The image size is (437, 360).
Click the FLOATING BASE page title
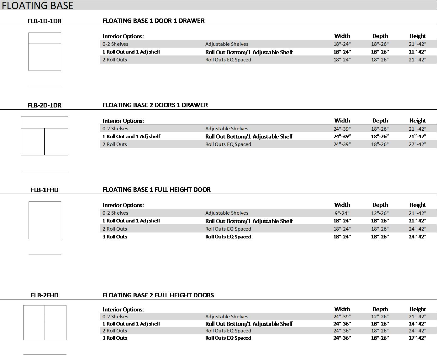click(37, 5)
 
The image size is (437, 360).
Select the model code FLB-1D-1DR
click(45, 21)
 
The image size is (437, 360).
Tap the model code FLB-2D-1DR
click(45, 105)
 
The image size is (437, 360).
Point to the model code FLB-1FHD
click(45, 190)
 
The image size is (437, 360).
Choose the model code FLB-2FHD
click(45, 295)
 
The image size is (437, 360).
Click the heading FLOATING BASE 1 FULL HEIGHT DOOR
click(156, 190)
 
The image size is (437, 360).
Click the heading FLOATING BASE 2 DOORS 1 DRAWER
click(155, 105)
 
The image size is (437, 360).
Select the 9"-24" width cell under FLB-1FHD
click(342, 213)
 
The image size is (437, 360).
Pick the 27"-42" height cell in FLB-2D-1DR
click(417, 144)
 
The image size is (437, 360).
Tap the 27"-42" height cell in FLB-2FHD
click(417, 338)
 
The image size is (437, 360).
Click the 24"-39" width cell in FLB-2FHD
click(342, 317)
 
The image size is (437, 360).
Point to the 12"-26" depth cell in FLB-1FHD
click(380, 213)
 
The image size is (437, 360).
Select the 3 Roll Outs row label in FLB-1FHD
click(115, 237)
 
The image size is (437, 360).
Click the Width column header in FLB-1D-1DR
click(342, 36)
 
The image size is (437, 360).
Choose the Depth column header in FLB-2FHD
click(380, 309)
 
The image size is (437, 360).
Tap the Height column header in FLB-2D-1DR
click(417, 121)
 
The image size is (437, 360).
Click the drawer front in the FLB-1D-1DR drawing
click(45, 38)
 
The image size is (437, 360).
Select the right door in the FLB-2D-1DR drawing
click(56, 141)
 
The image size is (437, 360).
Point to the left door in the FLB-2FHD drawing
click(34, 322)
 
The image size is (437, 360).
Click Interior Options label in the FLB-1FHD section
click(123, 205)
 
